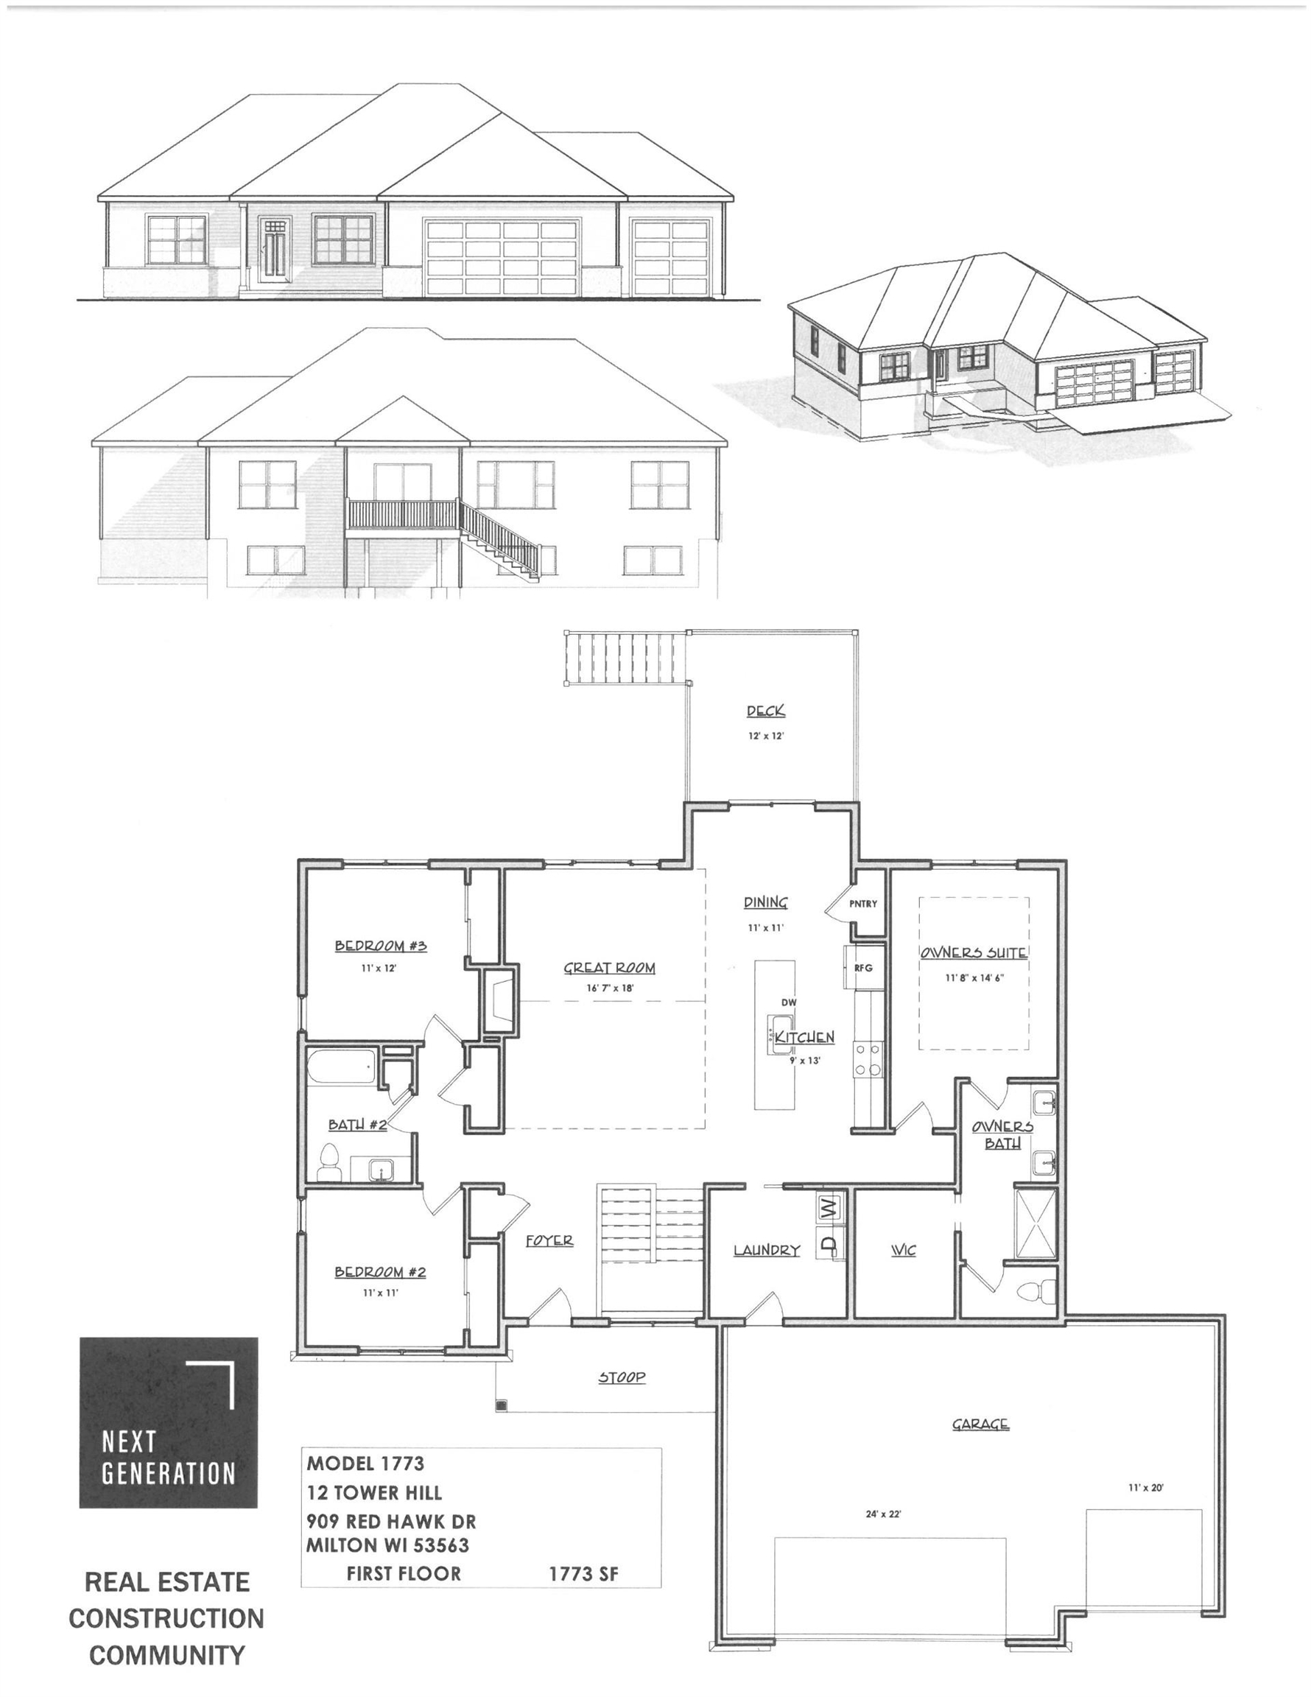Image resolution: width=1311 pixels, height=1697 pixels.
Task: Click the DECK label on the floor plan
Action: (x=765, y=710)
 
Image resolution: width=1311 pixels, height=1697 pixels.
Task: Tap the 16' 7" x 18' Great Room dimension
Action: (x=609, y=988)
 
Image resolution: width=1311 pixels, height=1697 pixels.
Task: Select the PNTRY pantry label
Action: (x=862, y=904)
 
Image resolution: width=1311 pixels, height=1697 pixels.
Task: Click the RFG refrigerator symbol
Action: (x=863, y=967)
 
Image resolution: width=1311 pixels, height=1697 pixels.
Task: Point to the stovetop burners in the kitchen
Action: (x=868, y=1059)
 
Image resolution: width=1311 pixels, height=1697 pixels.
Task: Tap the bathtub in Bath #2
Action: (x=342, y=1066)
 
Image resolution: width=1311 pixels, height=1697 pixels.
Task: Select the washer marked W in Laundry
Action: (x=829, y=1206)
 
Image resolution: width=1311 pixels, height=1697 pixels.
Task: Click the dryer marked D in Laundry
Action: (x=829, y=1244)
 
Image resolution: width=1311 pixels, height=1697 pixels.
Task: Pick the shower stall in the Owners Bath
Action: (x=1036, y=1223)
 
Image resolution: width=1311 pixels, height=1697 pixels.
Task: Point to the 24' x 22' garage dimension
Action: (x=884, y=1514)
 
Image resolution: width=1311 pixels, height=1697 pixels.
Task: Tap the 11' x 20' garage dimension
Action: (x=1145, y=1487)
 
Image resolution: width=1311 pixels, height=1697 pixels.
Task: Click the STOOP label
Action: (x=622, y=1377)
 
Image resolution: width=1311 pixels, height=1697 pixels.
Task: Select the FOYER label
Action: (x=549, y=1241)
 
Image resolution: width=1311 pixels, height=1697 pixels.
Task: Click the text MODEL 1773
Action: (x=365, y=1463)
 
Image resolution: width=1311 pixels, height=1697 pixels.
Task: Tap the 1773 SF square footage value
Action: (x=583, y=1573)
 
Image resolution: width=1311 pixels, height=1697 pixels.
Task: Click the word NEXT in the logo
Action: (x=129, y=1442)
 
